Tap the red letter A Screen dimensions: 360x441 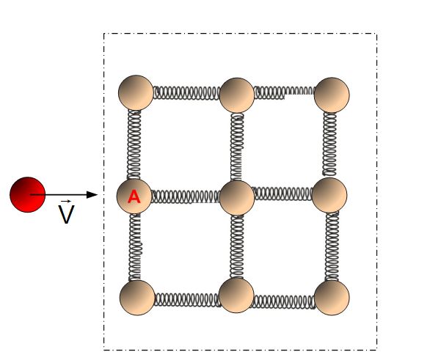tap(134, 196)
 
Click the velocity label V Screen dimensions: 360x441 tap(66, 214)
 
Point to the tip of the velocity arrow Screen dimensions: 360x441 tap(96, 194)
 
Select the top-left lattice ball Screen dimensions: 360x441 tap(136, 92)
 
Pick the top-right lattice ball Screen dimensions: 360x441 tap(331, 95)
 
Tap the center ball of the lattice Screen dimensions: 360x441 tap(236, 196)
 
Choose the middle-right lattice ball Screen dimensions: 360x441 tap(329, 194)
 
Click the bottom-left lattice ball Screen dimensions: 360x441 tap(136, 298)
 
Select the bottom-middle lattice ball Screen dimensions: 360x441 tap(236, 295)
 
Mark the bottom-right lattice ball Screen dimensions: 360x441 tap(331, 298)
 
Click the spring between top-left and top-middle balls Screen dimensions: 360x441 tap(186, 93)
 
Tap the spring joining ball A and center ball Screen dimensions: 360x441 tap(186, 196)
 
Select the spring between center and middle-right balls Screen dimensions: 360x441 tap(283, 194)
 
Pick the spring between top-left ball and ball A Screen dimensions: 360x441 tap(135, 144)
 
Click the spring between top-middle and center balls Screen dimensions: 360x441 tap(237, 145)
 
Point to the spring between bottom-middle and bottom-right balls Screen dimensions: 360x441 tap(284, 300)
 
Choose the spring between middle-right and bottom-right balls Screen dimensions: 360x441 tap(332, 246)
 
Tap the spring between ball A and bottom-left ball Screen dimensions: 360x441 tap(135, 246)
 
